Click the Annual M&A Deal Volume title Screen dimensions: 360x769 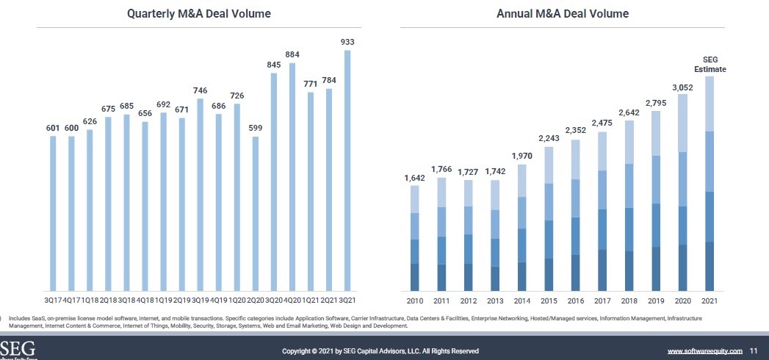[x=563, y=13]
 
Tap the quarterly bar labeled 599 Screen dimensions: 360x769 [x=255, y=213]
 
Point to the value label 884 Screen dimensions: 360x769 [x=292, y=54]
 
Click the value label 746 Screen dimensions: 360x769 [x=200, y=90]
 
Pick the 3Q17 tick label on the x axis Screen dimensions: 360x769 [x=52, y=300]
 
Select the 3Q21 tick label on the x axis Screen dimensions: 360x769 [x=347, y=300]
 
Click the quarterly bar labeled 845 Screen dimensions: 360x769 [x=274, y=181]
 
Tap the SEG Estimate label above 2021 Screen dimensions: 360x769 [x=710, y=64]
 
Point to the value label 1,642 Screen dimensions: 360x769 [x=415, y=179]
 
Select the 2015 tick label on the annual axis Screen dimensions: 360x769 [x=549, y=300]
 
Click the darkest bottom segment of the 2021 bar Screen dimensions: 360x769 [x=710, y=266]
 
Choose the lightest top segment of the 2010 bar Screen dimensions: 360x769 [x=415, y=199]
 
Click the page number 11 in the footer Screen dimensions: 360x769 [x=754, y=351]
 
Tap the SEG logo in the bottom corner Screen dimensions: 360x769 [x=16, y=349]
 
